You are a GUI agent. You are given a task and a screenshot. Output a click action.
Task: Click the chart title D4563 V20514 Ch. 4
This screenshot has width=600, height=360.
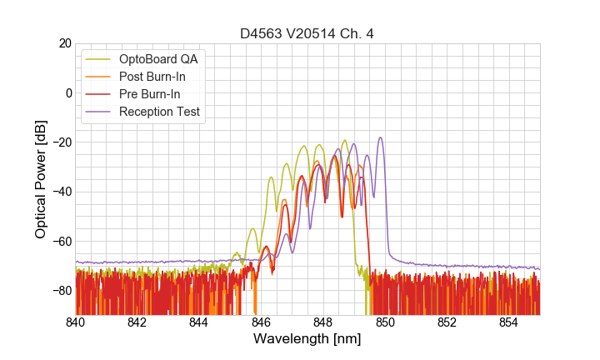coord(307,33)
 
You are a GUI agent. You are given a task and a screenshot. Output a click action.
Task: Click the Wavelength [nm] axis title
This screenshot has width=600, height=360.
coord(307,340)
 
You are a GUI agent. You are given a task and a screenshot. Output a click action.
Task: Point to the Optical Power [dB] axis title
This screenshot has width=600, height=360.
coord(41,179)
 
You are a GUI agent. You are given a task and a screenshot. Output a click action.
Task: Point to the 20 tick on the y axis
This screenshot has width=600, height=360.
coord(64,43)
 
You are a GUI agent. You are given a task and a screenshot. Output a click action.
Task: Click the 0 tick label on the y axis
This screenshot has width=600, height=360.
coord(67,92)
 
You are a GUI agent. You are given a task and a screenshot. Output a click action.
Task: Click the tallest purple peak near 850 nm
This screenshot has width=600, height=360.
coord(380,138)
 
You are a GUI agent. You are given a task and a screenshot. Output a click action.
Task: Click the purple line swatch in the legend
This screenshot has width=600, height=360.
coord(100,112)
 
